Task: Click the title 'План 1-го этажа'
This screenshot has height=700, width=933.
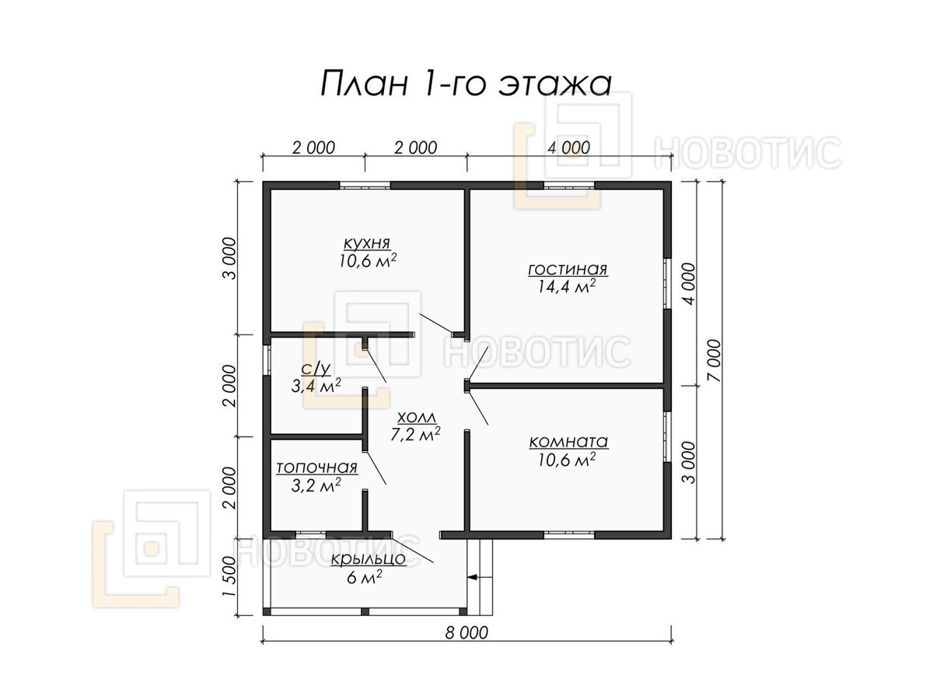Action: click(x=466, y=84)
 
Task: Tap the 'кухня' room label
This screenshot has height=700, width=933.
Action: click(x=367, y=244)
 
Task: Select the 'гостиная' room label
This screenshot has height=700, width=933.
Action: click(x=568, y=270)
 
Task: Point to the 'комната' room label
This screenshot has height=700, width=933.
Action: click(x=568, y=442)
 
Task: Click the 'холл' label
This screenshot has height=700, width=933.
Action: click(x=417, y=418)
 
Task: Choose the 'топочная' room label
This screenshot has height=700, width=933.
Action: click(x=316, y=468)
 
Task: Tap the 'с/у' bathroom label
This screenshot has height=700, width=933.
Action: click(x=316, y=369)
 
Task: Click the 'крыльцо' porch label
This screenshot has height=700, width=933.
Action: click(x=368, y=559)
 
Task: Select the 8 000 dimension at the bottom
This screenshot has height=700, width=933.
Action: click(x=466, y=633)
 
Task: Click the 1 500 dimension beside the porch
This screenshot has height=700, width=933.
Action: click(x=229, y=576)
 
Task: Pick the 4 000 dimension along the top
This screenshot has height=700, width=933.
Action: click(x=568, y=148)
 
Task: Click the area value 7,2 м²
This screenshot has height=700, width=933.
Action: click(x=415, y=434)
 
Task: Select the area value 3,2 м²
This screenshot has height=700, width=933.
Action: click(x=316, y=485)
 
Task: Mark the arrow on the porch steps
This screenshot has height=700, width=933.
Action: click(x=480, y=577)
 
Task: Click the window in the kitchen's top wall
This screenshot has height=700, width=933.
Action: click(x=365, y=185)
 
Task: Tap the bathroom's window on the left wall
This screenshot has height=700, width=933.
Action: click(x=267, y=360)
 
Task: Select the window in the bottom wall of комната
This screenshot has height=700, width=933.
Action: click(x=568, y=534)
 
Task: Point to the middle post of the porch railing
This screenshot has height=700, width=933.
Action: click(x=365, y=611)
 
